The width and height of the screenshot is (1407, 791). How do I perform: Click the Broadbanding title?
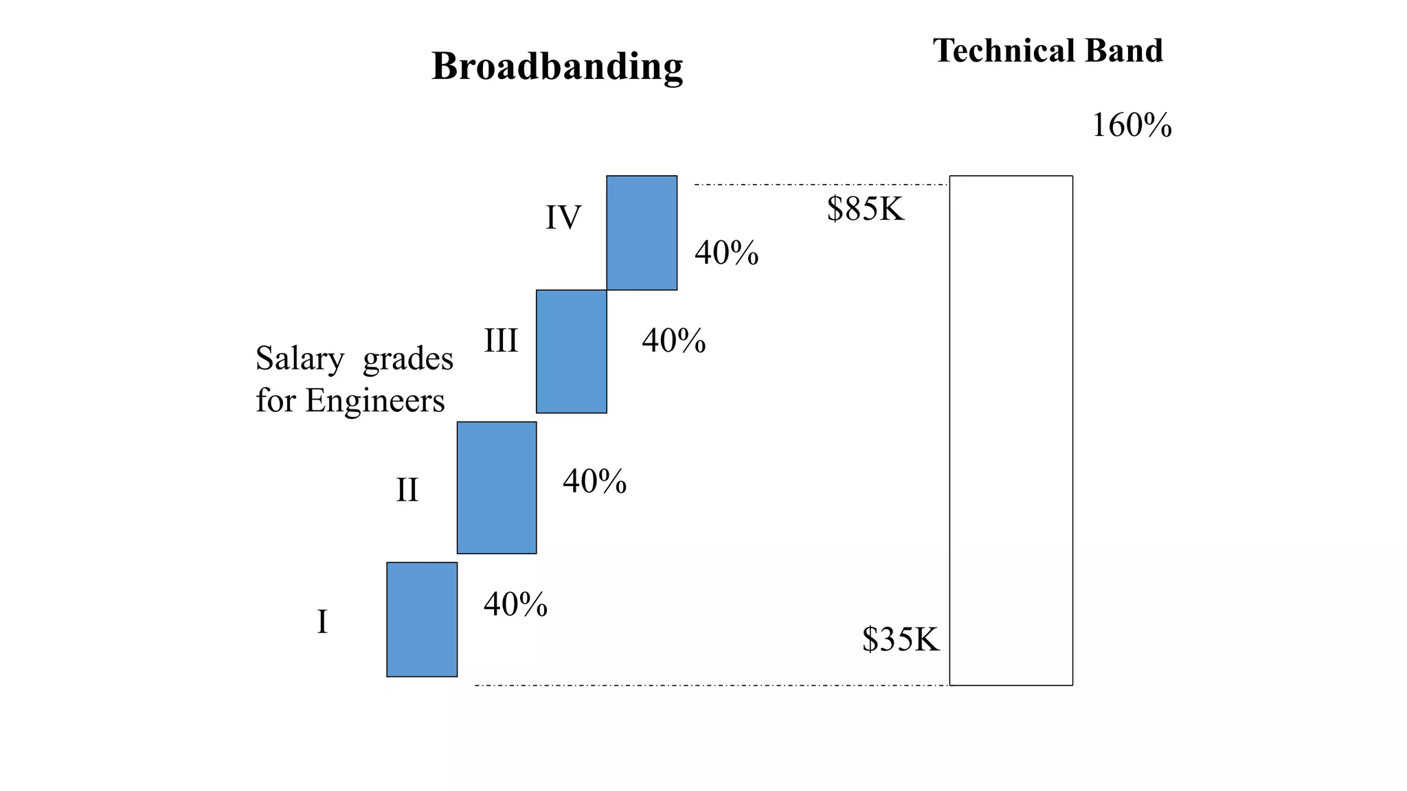(x=557, y=67)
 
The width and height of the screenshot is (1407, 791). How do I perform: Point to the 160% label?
(x=1132, y=126)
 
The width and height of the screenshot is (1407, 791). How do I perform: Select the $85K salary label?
(x=866, y=209)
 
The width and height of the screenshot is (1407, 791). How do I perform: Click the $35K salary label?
(x=900, y=639)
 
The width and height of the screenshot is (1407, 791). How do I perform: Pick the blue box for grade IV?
(x=642, y=233)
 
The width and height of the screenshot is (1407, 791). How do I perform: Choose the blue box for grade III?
(x=571, y=352)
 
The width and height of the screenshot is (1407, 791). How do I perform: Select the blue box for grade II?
(x=497, y=488)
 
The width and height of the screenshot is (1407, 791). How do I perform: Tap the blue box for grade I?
(x=422, y=619)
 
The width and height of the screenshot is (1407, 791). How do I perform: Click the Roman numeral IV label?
(x=563, y=218)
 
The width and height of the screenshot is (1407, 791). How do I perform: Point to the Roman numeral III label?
(x=501, y=341)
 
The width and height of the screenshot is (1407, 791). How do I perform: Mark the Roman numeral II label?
(x=407, y=490)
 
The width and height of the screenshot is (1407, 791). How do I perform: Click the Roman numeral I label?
(x=322, y=622)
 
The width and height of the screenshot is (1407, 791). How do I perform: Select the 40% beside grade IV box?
(x=726, y=253)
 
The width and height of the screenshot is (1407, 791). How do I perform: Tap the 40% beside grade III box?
(x=673, y=341)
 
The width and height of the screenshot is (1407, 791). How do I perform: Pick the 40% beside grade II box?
(x=594, y=481)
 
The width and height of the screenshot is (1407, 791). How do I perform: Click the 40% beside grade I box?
(x=515, y=604)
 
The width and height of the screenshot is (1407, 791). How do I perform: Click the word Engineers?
(x=375, y=401)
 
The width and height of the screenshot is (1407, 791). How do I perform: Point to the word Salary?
(x=300, y=359)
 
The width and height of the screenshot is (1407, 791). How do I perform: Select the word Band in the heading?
(x=1124, y=51)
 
